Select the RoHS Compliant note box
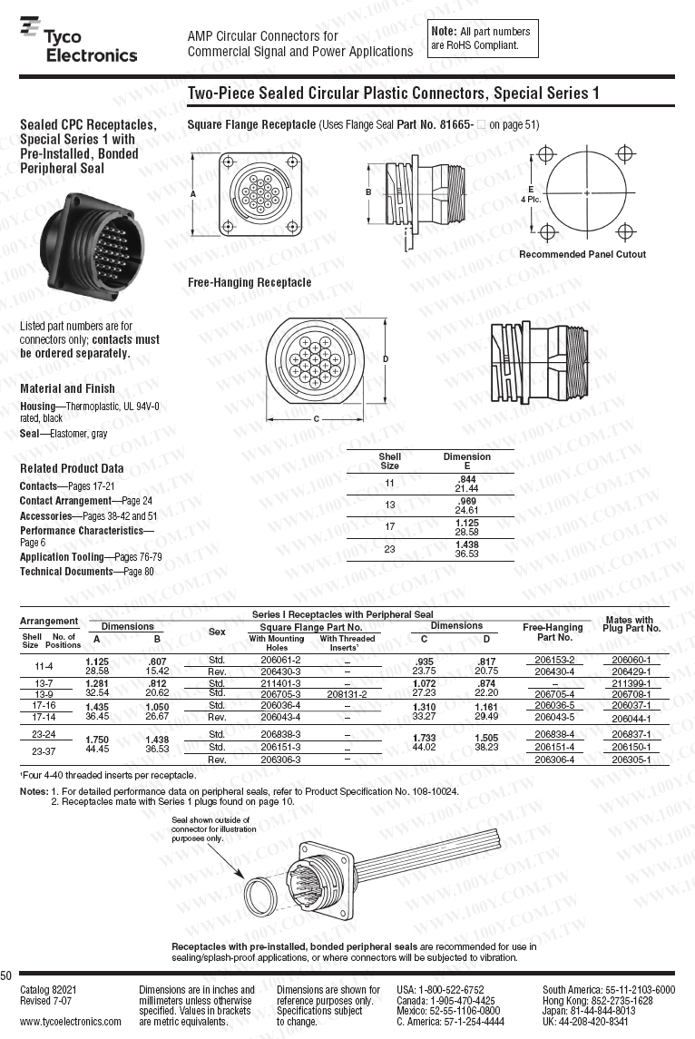pyautogui.click(x=481, y=38)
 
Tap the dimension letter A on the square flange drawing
pyautogui.click(x=193, y=194)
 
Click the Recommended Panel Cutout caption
pyautogui.click(x=582, y=254)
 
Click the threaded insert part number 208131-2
pyautogui.click(x=347, y=694)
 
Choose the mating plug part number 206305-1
pyautogui.click(x=631, y=760)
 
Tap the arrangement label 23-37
pyautogui.click(x=44, y=750)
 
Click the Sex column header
pyautogui.click(x=217, y=632)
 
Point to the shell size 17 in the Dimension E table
pyautogui.click(x=389, y=526)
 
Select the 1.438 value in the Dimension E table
pyautogui.click(x=466, y=544)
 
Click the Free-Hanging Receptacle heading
pyautogui.click(x=249, y=283)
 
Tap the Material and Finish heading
pyautogui.click(x=67, y=388)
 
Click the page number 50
pyautogui.click(x=6, y=975)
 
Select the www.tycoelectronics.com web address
pyautogui.click(x=70, y=1022)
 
